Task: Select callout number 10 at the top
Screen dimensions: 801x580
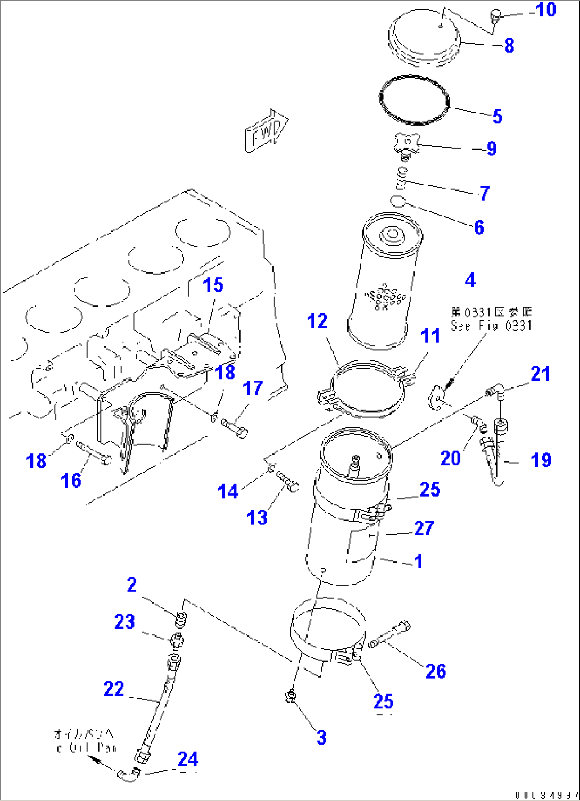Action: (x=545, y=10)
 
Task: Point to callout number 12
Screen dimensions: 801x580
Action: (x=318, y=321)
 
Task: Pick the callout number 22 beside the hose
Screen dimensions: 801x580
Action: (x=114, y=689)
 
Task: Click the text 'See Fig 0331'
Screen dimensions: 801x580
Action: (x=491, y=325)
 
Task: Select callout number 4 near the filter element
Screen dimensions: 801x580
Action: (x=470, y=280)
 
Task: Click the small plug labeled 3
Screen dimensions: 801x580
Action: (x=292, y=695)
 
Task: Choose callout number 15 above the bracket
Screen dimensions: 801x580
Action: (x=213, y=285)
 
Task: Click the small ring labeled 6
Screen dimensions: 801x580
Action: (x=397, y=201)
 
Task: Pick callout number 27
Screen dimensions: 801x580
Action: (x=424, y=528)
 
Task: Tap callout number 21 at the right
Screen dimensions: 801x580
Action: (x=540, y=374)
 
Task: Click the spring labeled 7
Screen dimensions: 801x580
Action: (x=403, y=179)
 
